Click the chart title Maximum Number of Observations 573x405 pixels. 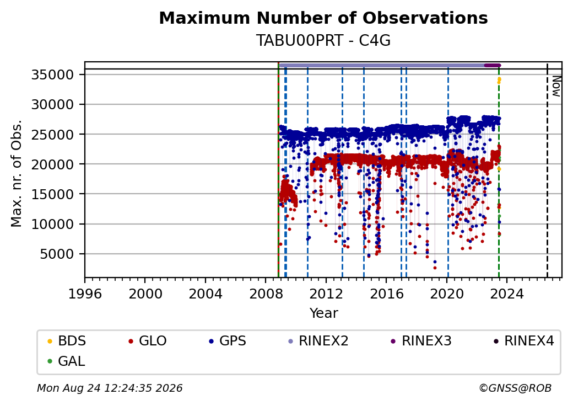(323, 18)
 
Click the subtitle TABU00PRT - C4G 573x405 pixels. (323, 41)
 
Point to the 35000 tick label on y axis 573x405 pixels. (52, 74)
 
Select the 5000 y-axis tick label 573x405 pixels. (57, 254)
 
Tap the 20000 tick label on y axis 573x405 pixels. (52, 164)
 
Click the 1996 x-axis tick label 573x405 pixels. (85, 294)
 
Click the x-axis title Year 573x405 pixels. (324, 313)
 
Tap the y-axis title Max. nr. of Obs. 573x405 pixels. (17, 173)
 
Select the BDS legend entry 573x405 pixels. (67, 341)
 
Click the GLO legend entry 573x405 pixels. (148, 341)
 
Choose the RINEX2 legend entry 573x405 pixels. (318, 341)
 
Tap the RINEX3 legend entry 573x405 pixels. (421, 341)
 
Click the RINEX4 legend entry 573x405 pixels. (523, 341)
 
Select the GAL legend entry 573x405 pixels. (67, 361)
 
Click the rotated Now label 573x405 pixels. (556, 86)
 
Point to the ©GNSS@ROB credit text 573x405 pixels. (515, 388)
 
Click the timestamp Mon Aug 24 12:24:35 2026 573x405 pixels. (110, 388)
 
